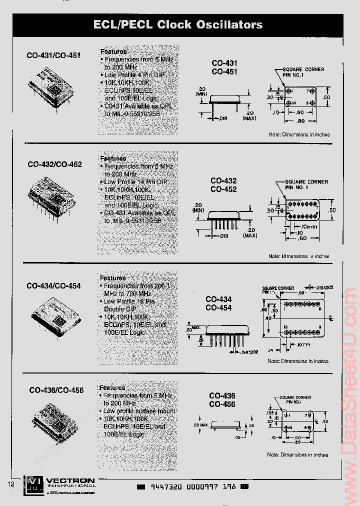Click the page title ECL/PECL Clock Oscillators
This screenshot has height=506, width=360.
pyautogui.click(x=178, y=24)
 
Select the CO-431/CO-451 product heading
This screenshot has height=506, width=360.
pyautogui.click(x=53, y=55)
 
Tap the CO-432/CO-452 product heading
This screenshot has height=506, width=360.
pyautogui.click(x=54, y=164)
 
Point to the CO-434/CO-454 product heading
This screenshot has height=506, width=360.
pyautogui.click(x=53, y=286)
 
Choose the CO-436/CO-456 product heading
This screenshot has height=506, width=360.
pyautogui.click(x=56, y=390)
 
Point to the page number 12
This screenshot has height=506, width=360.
pyautogui.click(x=11, y=484)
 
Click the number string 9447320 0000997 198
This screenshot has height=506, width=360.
pyautogui.click(x=192, y=487)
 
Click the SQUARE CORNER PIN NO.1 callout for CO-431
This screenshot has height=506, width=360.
pyautogui.click(x=303, y=72)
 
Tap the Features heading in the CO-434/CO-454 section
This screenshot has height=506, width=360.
pyautogui.click(x=112, y=278)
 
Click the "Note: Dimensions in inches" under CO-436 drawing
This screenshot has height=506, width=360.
pyautogui.click(x=297, y=455)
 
